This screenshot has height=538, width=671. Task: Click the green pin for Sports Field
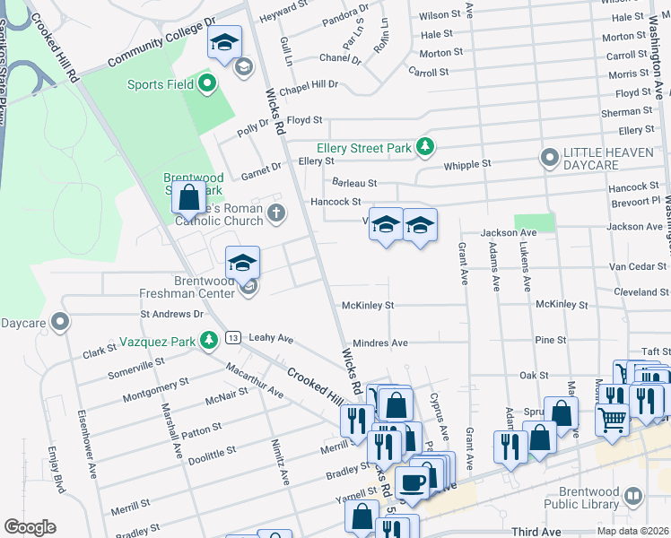point(208,85)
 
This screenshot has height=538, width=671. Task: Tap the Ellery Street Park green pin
point(428,147)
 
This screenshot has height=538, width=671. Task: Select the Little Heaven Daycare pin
point(549,159)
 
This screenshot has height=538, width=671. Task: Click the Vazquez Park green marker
point(208,340)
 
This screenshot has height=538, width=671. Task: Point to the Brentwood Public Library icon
point(633,496)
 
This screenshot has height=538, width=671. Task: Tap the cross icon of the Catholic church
point(277,213)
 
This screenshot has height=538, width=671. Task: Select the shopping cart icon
point(613,416)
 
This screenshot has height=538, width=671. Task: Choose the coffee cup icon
point(413,482)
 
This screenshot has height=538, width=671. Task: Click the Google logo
point(30,527)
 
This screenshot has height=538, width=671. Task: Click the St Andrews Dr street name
point(171,315)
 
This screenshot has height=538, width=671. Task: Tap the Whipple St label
point(468,164)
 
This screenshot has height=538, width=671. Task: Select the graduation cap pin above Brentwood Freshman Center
point(242,262)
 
